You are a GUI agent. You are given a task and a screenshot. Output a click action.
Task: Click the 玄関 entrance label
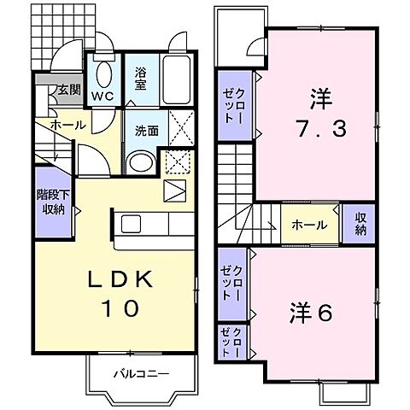coord(69,89)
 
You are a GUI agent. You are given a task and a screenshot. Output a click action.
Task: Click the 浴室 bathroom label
coord(141,79)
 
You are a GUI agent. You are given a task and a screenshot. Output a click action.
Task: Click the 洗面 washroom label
coord(146,131)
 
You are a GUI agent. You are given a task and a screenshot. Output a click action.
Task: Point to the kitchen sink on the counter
coord(132,224)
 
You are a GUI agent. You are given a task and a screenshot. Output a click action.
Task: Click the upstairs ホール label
coord(308,225)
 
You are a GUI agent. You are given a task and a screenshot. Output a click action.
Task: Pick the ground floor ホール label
coord(67,126)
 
